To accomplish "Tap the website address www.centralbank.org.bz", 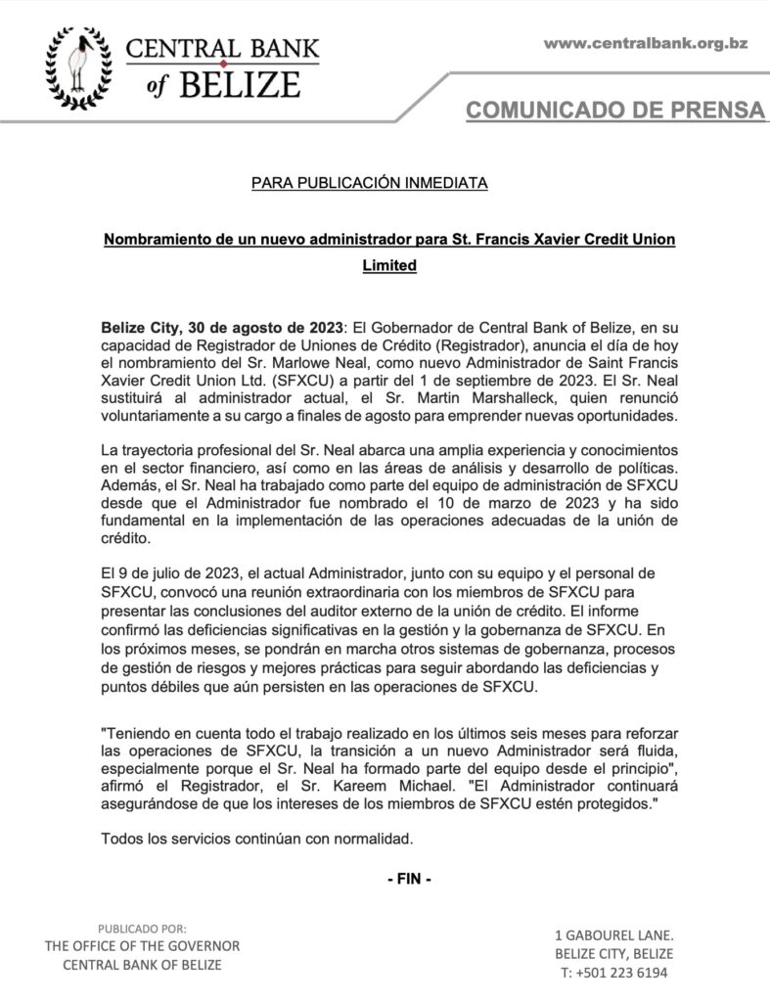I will [x=645, y=43].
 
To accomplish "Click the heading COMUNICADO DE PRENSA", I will [x=615, y=110].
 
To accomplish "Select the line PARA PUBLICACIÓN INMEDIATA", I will [x=369, y=183].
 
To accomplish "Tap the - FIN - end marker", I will [x=409, y=879].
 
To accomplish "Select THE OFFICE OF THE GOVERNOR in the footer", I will [x=142, y=946].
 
